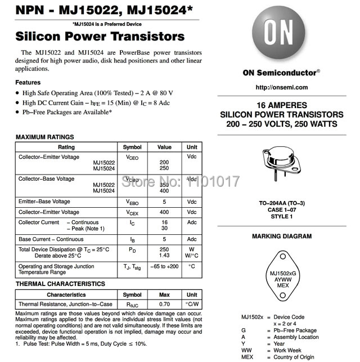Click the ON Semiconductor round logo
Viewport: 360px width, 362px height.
pyautogui.click(x=281, y=34)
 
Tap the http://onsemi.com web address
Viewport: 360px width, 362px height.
pyautogui.click(x=281, y=87)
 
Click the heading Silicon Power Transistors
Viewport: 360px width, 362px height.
pyautogui.click(x=100, y=37)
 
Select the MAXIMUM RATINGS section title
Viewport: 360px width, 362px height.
pyautogui.click(x=44, y=137)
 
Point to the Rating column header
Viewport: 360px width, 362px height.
pyautogui.click(x=66, y=148)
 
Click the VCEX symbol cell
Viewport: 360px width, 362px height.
pyautogui.click(x=132, y=213)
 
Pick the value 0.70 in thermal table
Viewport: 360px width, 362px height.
pyautogui.click(x=164, y=304)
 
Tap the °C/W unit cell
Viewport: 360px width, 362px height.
pyautogui.click(x=192, y=304)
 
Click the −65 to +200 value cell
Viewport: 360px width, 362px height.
pyautogui.click(x=164, y=266)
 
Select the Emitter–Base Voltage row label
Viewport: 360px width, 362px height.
pyautogui.click(x=44, y=202)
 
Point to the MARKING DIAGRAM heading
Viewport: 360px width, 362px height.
pyautogui.click(x=281, y=236)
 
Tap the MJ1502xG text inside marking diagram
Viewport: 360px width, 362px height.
pyautogui.click(x=281, y=274)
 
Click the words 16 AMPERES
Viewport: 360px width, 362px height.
pyautogui.click(x=281, y=105)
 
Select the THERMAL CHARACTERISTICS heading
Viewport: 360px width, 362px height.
pyautogui.click(x=60, y=284)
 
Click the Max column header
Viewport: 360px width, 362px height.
pyautogui.click(x=164, y=294)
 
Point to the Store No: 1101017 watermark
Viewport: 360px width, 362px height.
pyautogui.click(x=181, y=181)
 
